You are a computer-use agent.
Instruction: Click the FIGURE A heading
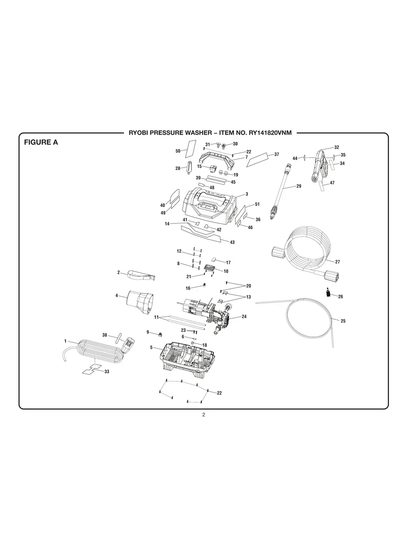(41, 143)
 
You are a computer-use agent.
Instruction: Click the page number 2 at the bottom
(203, 415)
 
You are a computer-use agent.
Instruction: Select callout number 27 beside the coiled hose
(337, 261)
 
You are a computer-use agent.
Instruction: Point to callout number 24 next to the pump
(244, 316)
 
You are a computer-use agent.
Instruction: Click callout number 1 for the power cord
(65, 341)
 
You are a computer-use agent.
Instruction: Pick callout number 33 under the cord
(106, 372)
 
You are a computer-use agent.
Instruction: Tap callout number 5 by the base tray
(151, 347)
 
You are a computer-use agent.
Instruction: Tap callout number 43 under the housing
(232, 242)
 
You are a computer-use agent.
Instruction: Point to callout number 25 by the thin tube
(343, 321)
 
